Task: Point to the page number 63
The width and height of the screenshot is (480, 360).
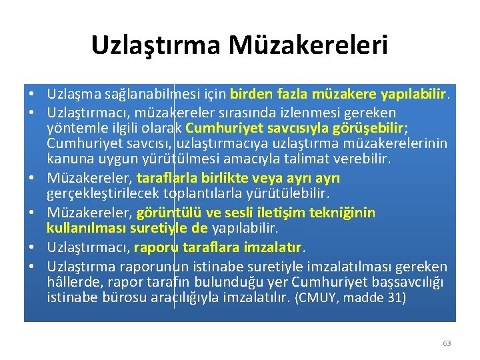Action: (447, 343)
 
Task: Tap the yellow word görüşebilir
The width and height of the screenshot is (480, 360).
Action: (371, 127)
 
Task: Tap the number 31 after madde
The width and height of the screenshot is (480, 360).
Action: (392, 298)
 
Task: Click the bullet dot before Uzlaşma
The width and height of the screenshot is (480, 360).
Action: (31, 96)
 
